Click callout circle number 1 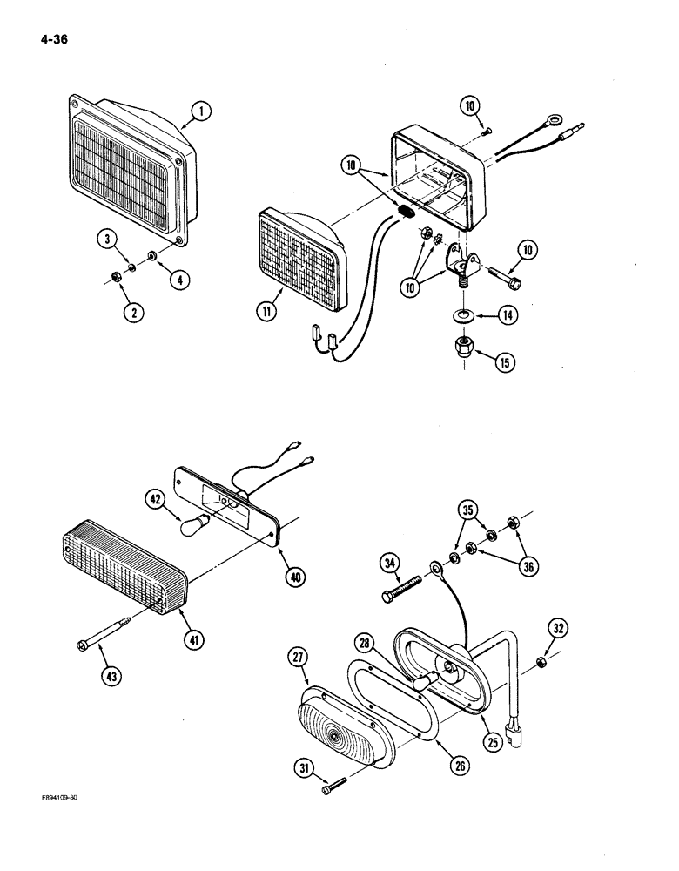pyautogui.click(x=199, y=111)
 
